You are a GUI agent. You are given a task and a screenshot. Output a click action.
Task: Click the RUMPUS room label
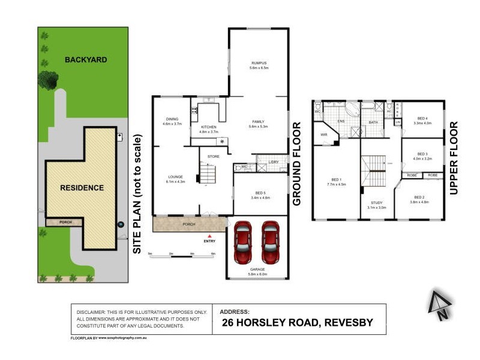pos(259,63)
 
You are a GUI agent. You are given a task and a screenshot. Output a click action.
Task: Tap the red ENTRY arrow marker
pos(209,236)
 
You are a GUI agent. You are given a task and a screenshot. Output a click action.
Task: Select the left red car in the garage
pos(243,243)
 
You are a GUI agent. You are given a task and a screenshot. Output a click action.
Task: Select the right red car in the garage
pos(271,243)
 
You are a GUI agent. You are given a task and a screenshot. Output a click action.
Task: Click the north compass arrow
pos(439,303)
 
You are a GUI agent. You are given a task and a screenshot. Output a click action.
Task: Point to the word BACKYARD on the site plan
pos(86,59)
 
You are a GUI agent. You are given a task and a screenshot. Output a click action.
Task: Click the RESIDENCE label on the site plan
pos(82,188)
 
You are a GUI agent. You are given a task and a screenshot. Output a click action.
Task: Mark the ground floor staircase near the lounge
pos(208,175)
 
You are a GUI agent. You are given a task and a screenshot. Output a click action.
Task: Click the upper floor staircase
pos(376,171)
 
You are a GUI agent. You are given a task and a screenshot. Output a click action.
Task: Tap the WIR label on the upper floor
pos(324,136)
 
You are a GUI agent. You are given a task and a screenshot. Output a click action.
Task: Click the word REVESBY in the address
pos(348,323)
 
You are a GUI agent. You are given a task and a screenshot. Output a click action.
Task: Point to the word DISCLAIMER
pos(93,313)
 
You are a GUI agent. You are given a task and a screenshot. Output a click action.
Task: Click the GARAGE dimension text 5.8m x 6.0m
pos(257,274)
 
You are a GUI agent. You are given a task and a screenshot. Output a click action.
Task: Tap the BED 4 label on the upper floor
pos(422,118)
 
